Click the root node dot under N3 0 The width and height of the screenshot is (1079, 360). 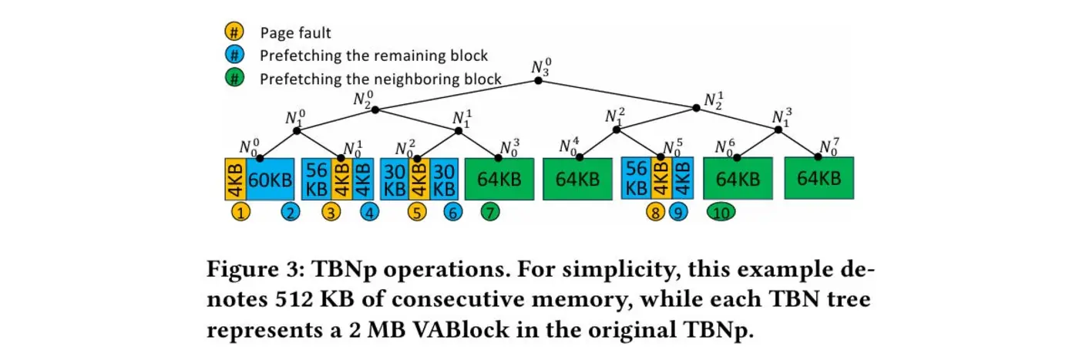coord(539,80)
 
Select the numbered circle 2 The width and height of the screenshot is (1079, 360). coord(291,212)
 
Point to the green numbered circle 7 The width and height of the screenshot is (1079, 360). coord(489,212)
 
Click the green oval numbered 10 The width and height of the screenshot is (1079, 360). coord(721,212)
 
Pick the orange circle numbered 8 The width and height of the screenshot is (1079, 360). coord(656,212)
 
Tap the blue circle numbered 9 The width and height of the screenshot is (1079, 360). coord(678,212)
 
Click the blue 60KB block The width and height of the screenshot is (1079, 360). coord(270,179)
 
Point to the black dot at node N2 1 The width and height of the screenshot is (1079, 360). coord(697,108)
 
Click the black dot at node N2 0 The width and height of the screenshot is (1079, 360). coord(375,109)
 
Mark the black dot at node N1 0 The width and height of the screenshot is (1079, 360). coord(297,130)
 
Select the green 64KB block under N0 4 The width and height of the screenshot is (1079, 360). coord(577,179)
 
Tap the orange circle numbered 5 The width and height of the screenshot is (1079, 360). coord(417,212)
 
